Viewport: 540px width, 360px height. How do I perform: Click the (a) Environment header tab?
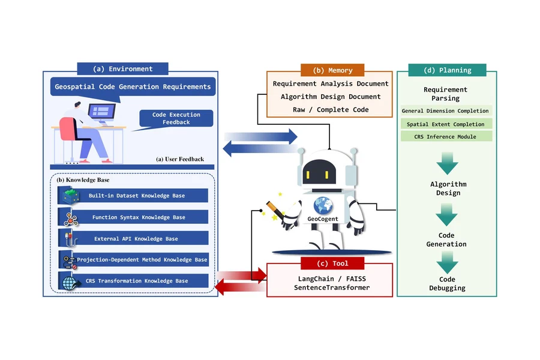(x=122, y=68)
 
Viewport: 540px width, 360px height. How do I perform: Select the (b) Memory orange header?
(x=332, y=70)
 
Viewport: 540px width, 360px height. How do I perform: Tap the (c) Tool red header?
(x=332, y=263)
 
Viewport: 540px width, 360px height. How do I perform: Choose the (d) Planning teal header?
(x=447, y=70)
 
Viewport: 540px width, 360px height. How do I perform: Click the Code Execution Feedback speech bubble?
(x=176, y=119)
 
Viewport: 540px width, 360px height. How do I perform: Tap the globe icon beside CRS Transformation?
(x=70, y=283)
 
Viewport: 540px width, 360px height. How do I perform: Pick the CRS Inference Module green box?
(x=446, y=136)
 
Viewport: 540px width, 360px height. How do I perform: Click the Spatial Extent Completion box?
(x=446, y=124)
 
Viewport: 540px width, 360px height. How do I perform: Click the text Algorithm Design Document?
(x=331, y=97)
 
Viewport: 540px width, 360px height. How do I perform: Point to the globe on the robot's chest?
(x=323, y=206)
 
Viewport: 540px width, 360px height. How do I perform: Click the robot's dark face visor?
(x=319, y=172)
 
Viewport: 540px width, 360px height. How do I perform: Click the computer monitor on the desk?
(x=101, y=112)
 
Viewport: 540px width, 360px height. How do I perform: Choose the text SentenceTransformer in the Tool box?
(x=332, y=287)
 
